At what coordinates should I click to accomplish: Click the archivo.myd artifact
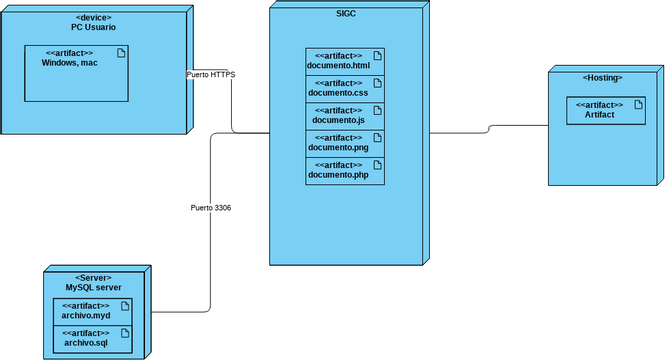tap(92, 310)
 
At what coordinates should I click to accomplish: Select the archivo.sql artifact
tap(92, 338)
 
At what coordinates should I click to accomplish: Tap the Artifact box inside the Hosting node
tap(600, 110)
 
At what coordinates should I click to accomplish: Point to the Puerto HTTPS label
tap(210, 75)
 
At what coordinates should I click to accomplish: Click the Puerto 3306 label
tap(211, 208)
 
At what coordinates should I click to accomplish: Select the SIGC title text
tap(346, 13)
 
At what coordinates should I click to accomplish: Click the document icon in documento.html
tap(376, 55)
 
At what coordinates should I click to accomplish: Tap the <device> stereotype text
tap(93, 17)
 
